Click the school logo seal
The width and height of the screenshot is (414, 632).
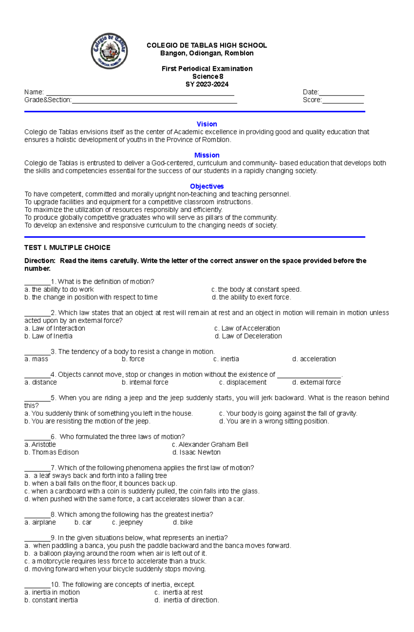109,51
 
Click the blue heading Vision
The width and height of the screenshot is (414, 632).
207,124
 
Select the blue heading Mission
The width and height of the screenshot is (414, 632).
207,155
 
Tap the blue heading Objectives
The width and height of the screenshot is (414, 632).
207,186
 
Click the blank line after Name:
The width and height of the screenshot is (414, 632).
140,93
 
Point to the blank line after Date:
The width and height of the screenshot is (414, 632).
342,93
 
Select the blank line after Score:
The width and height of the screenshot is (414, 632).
343,101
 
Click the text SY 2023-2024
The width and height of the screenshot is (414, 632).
207,84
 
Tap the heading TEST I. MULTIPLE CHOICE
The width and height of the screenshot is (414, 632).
67,248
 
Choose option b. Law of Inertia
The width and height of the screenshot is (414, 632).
48,336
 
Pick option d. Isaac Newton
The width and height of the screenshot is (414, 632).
196,452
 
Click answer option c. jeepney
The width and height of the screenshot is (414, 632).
127,522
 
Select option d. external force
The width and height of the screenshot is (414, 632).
316,382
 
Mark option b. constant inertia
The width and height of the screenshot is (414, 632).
51,600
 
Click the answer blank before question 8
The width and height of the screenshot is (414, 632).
37,515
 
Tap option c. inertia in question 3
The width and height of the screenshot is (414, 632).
226,359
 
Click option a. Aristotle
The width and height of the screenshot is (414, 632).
40,444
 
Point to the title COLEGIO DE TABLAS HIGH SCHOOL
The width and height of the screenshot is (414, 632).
207,45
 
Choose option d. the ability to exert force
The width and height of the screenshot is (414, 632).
252,297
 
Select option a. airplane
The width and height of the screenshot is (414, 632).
40,522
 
